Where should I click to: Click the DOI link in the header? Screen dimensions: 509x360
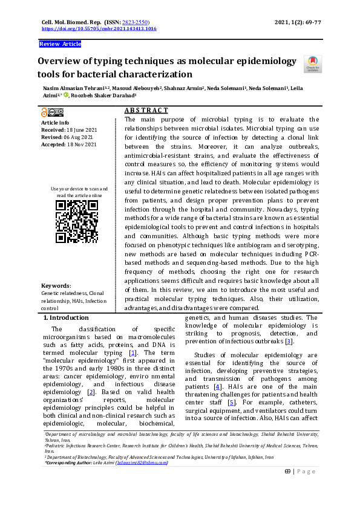point(99,28)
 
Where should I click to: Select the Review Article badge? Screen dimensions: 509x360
point(59,44)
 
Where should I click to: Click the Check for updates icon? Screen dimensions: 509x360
point(312,63)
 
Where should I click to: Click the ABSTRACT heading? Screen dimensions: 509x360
point(146,111)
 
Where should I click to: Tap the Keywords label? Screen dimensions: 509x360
point(56,286)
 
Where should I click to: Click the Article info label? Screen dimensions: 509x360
point(54,123)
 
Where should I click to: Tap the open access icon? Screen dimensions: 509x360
point(44,112)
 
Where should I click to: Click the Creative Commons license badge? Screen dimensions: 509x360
point(55,112)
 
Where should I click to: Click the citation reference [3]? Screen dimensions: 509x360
point(289,342)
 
